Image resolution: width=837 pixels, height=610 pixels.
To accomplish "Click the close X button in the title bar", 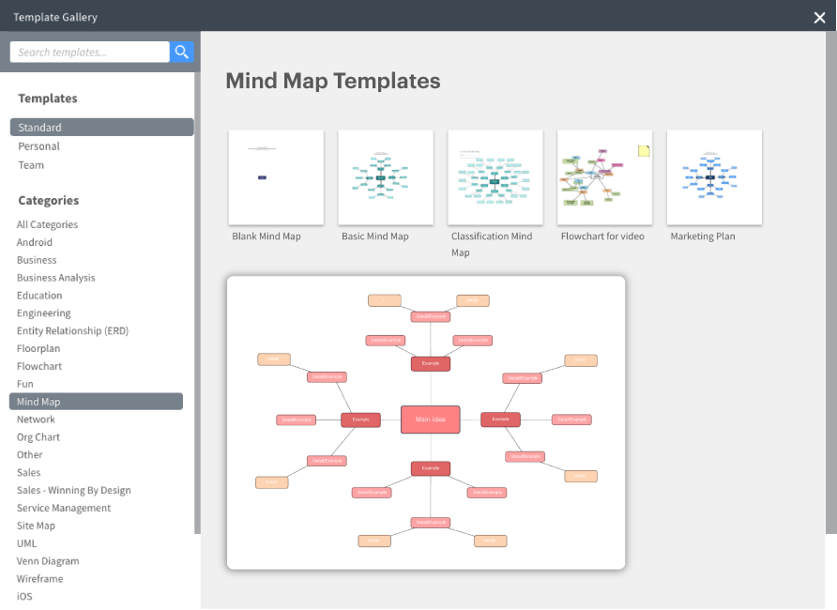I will click(x=819, y=17).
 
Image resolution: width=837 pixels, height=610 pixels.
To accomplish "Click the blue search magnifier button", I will click(x=182, y=53).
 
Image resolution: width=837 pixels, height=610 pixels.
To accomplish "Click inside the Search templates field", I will click(x=89, y=53).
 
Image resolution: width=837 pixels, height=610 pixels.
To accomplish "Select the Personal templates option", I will click(x=38, y=146).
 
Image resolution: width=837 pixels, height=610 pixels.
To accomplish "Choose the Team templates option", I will click(x=31, y=165).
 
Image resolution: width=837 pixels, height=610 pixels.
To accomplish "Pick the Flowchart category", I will click(x=39, y=366).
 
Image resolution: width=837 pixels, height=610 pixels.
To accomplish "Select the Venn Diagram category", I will click(x=48, y=561).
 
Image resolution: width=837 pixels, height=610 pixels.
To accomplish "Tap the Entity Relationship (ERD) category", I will click(x=72, y=331).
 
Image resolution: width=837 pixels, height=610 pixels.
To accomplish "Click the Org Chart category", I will click(x=38, y=437).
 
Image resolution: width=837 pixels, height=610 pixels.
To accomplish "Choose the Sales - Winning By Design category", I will click(x=74, y=490).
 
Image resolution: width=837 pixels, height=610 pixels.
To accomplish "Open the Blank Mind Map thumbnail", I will click(x=276, y=177).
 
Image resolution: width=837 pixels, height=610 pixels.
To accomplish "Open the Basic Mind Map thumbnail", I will click(x=386, y=177).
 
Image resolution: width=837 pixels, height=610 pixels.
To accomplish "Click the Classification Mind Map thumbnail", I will click(x=495, y=177).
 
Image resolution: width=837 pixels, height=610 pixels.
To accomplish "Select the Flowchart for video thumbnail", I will click(x=605, y=177).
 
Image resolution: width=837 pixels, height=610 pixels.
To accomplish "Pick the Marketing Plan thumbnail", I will click(x=714, y=177).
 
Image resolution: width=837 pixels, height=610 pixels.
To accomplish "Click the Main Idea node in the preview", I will click(x=431, y=419).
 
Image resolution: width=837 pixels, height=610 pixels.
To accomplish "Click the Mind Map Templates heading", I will click(x=333, y=81).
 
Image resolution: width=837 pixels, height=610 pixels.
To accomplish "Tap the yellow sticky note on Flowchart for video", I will click(x=644, y=150).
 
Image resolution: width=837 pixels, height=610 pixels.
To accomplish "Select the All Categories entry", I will click(x=47, y=224).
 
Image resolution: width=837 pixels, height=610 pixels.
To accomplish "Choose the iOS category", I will click(x=24, y=597).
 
